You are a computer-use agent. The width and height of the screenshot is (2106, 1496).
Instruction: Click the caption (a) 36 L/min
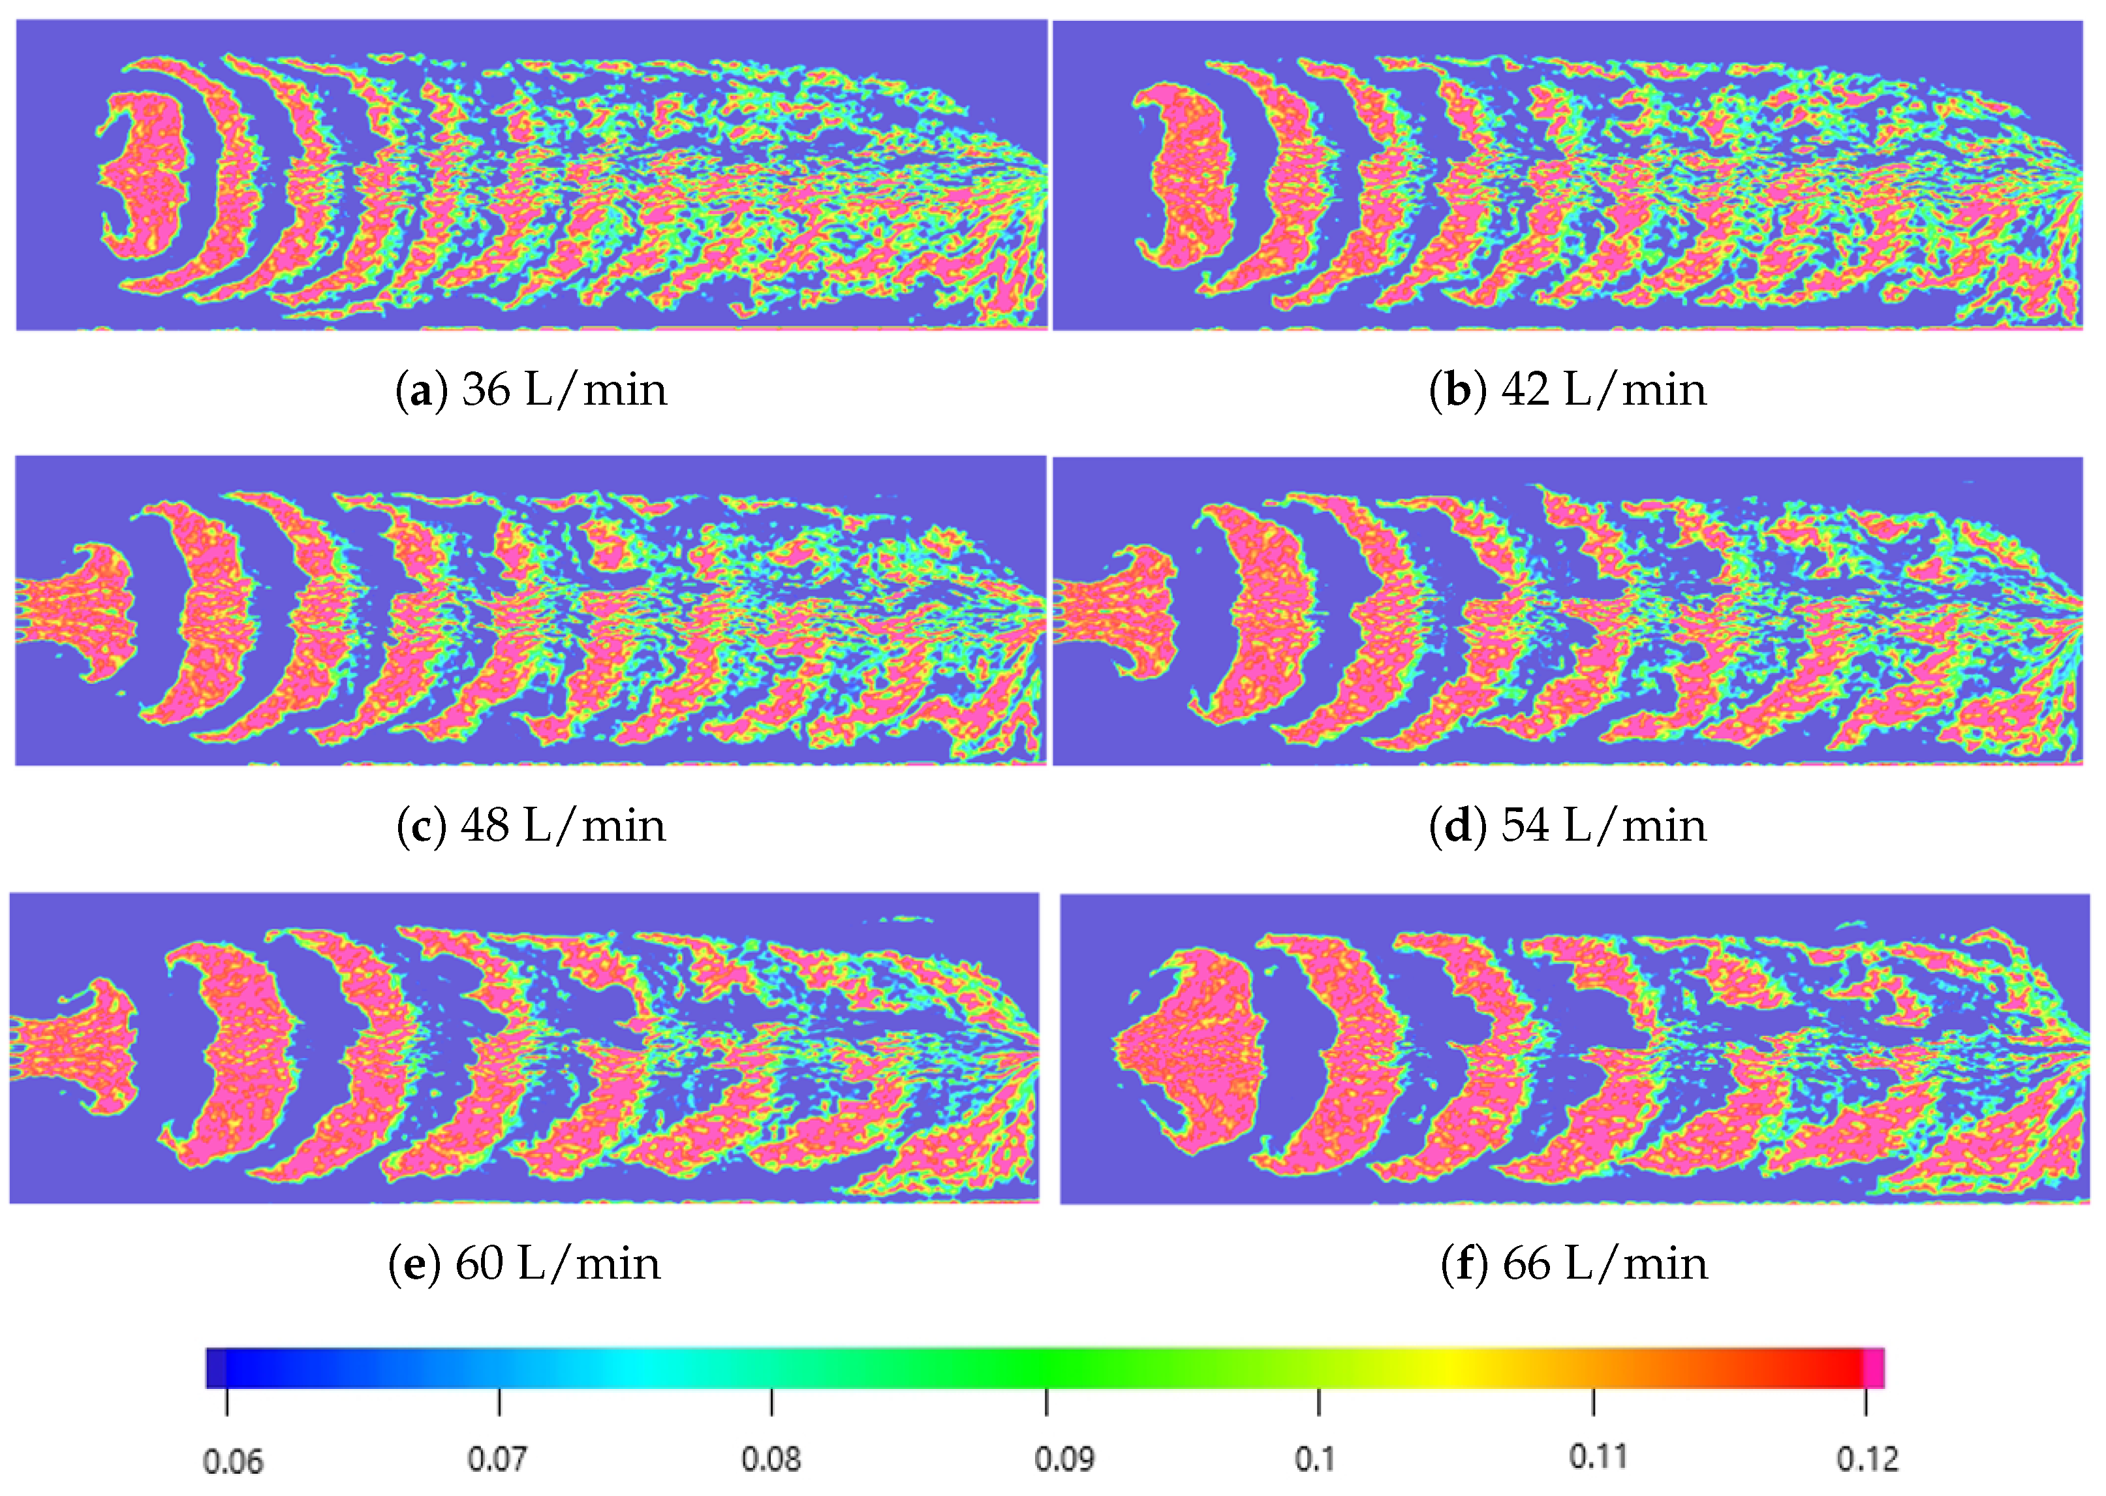pos(531,390)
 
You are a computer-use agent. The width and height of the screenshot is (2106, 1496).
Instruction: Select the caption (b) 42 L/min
pos(1568,390)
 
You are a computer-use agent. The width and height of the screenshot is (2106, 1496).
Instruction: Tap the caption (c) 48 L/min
pos(531,826)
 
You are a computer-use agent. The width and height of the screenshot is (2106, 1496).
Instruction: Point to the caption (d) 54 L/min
pos(1568,826)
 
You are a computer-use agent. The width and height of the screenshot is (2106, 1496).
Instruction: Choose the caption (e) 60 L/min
pos(525,1263)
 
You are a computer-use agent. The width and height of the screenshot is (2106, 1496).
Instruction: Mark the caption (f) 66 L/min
pos(1573,1263)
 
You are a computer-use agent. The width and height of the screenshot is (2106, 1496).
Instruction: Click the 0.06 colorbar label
pos(232,1461)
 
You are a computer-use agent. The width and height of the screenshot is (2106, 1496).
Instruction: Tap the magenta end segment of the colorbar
pos(1873,1368)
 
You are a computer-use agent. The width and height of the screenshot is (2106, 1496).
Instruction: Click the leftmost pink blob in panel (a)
pos(143,175)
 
